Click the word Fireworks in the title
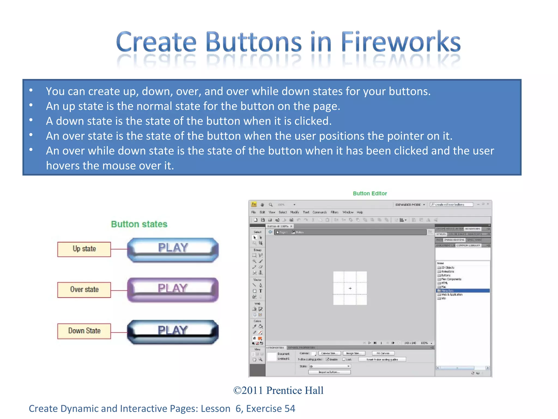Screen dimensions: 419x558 click(x=401, y=42)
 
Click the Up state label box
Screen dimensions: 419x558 click(x=84, y=249)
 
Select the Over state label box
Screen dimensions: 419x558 click(x=84, y=289)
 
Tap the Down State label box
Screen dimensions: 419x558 click(x=84, y=331)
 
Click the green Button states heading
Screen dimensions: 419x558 click(x=139, y=224)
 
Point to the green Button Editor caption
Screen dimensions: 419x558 click(x=370, y=193)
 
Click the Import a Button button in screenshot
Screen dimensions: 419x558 click(x=329, y=372)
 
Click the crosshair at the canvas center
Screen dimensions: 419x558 click(x=350, y=288)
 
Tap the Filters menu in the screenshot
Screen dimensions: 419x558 click(x=334, y=212)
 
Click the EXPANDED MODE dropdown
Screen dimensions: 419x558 click(x=410, y=205)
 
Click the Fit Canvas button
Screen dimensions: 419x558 click(x=383, y=353)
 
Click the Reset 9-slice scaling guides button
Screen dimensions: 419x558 click(x=382, y=360)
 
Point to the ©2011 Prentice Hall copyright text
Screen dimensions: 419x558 click(x=278, y=390)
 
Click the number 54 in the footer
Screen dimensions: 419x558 click(x=290, y=408)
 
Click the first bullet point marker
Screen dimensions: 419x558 click(x=31, y=90)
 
